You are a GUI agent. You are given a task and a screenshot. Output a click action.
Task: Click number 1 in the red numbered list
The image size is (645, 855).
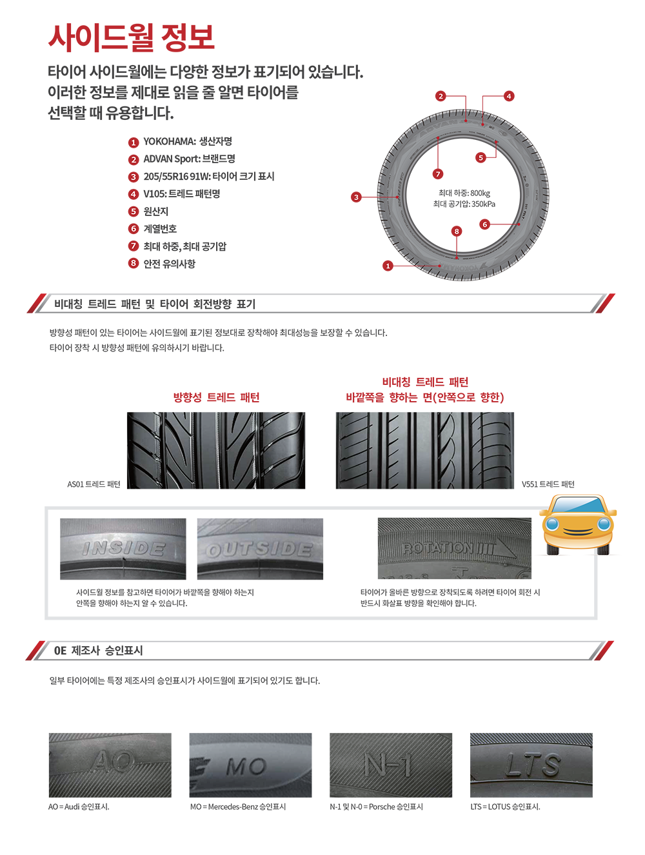coord(134,143)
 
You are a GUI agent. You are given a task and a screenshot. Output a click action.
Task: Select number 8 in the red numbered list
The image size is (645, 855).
coord(134,263)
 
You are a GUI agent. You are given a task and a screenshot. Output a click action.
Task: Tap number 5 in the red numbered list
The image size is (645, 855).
coord(134,211)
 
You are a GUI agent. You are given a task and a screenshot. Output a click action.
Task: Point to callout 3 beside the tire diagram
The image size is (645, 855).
coord(356,197)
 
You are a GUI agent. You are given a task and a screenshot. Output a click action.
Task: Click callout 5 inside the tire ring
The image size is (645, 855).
coord(481,158)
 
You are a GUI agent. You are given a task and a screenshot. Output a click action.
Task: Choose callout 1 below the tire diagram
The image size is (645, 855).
coord(388,266)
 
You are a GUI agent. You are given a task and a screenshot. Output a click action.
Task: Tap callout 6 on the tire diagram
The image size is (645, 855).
coord(485,225)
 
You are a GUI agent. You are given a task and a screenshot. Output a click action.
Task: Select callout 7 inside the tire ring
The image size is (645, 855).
coord(438,175)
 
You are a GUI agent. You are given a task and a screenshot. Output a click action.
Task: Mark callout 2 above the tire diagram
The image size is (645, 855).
coord(441,97)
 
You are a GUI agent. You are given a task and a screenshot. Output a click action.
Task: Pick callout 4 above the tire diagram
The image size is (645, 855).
coord(509,97)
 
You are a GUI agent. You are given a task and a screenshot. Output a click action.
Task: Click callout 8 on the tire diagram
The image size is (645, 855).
coord(457,231)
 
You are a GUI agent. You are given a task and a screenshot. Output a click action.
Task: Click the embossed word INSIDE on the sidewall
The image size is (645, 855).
coord(124,549)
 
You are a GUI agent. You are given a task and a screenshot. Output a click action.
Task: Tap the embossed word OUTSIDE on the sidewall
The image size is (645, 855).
coord(259,549)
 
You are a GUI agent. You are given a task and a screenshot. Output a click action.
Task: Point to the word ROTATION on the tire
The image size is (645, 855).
coord(438,548)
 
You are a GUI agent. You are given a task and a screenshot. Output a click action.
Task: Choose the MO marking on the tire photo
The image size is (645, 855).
coord(246,767)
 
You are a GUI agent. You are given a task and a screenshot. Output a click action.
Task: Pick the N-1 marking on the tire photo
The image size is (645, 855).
coord(387,765)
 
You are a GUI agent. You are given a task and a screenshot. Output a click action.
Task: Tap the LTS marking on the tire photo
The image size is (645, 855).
coord(533,765)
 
